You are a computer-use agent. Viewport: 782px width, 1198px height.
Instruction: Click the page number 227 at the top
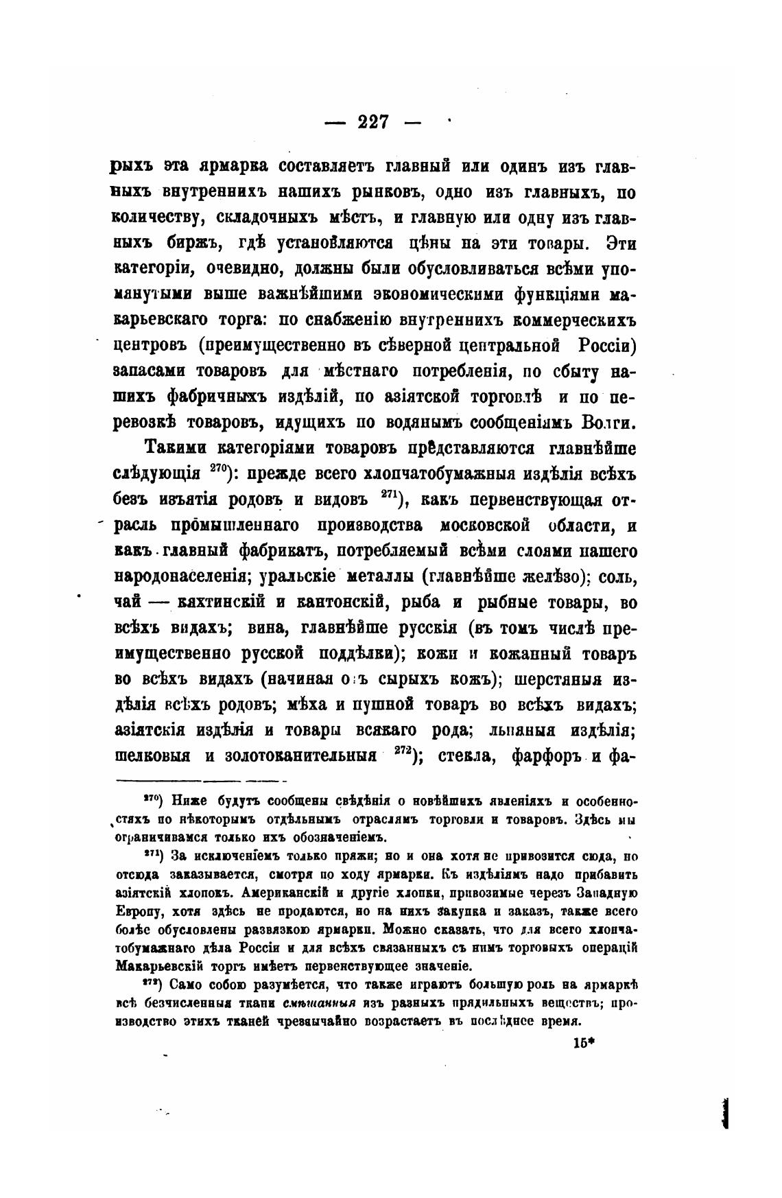(x=373, y=123)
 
